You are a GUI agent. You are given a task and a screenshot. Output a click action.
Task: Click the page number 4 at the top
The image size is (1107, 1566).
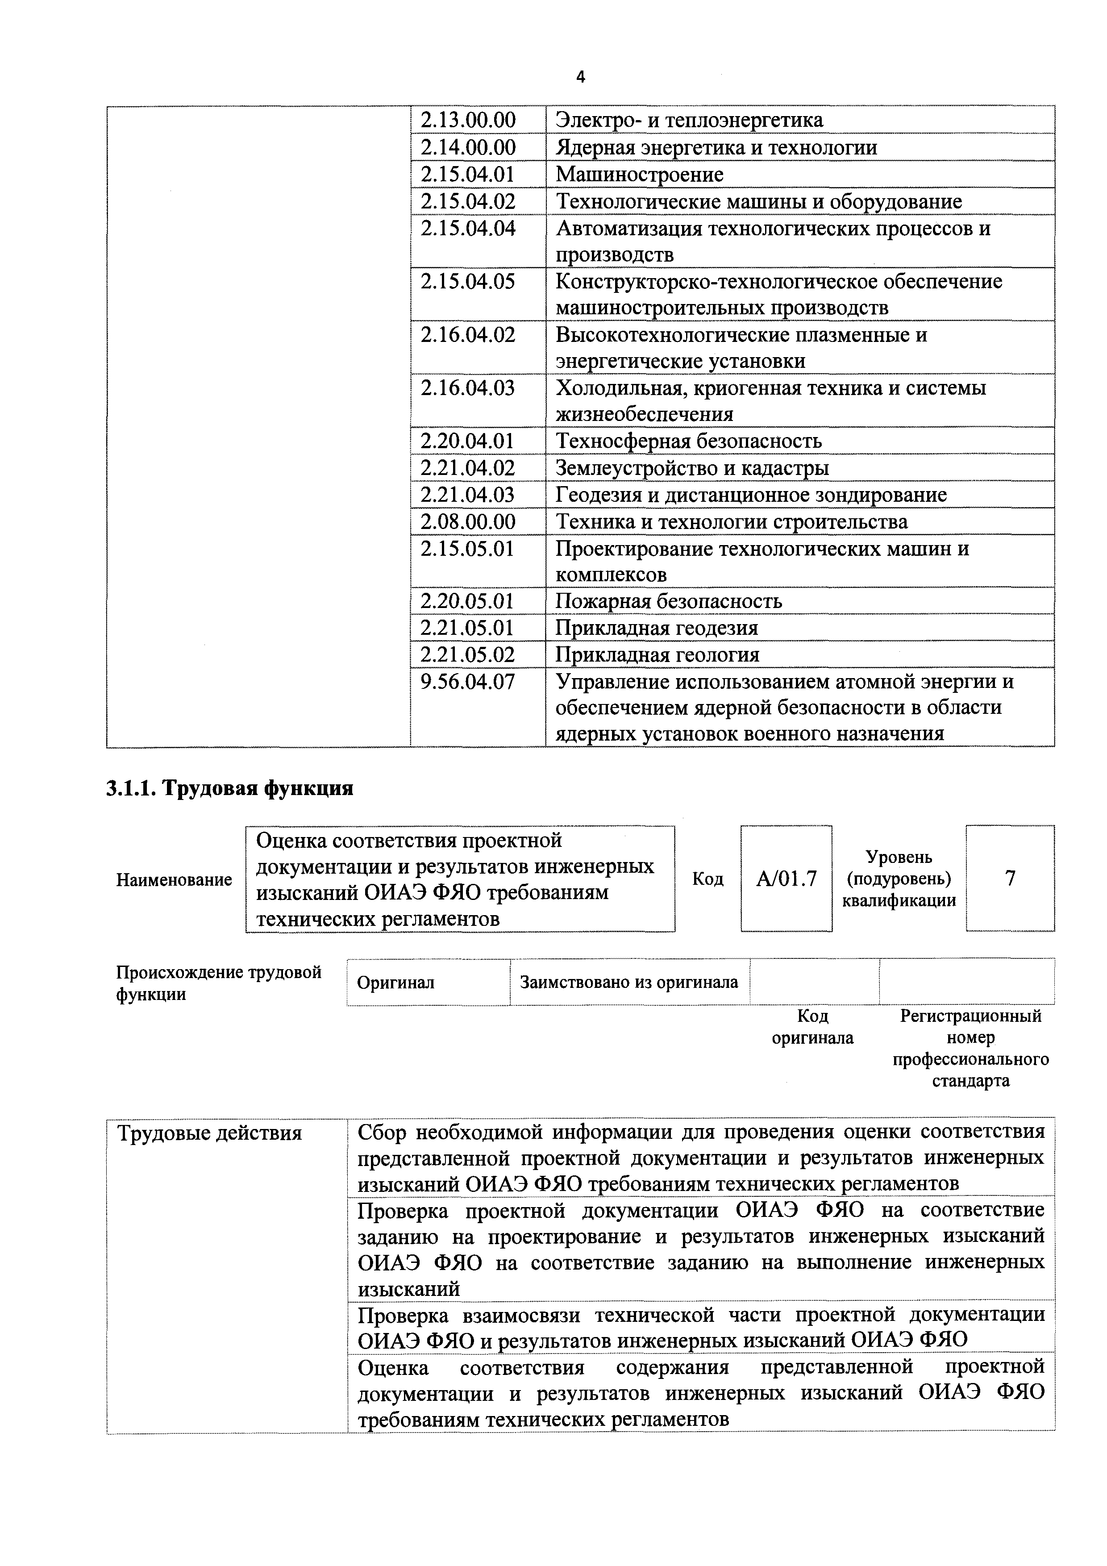[x=580, y=78]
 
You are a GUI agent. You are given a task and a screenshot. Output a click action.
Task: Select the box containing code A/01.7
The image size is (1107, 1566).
[x=787, y=879]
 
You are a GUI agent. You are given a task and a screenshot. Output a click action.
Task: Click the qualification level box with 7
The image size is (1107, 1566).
[x=1010, y=879]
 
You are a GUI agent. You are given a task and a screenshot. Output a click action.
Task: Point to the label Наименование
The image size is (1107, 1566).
[x=174, y=880]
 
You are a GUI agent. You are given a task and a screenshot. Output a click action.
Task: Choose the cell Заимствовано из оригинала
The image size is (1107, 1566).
[x=629, y=982]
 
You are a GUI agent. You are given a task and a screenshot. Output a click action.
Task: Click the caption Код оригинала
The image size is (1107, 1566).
[x=812, y=1027]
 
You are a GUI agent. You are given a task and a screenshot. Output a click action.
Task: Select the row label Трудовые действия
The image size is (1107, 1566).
[x=209, y=1133]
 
